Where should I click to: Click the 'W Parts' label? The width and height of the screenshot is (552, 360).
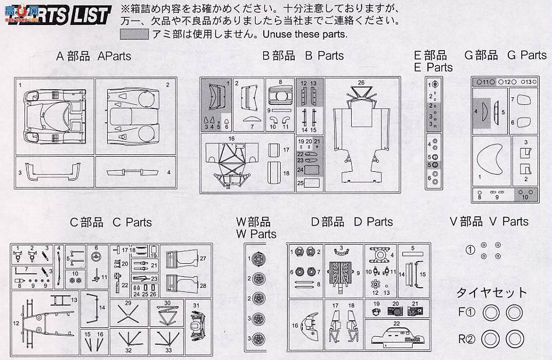(256, 234)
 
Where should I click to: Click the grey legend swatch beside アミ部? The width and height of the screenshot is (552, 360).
(135, 34)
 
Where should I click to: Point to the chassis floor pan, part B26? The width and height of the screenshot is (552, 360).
(361, 134)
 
